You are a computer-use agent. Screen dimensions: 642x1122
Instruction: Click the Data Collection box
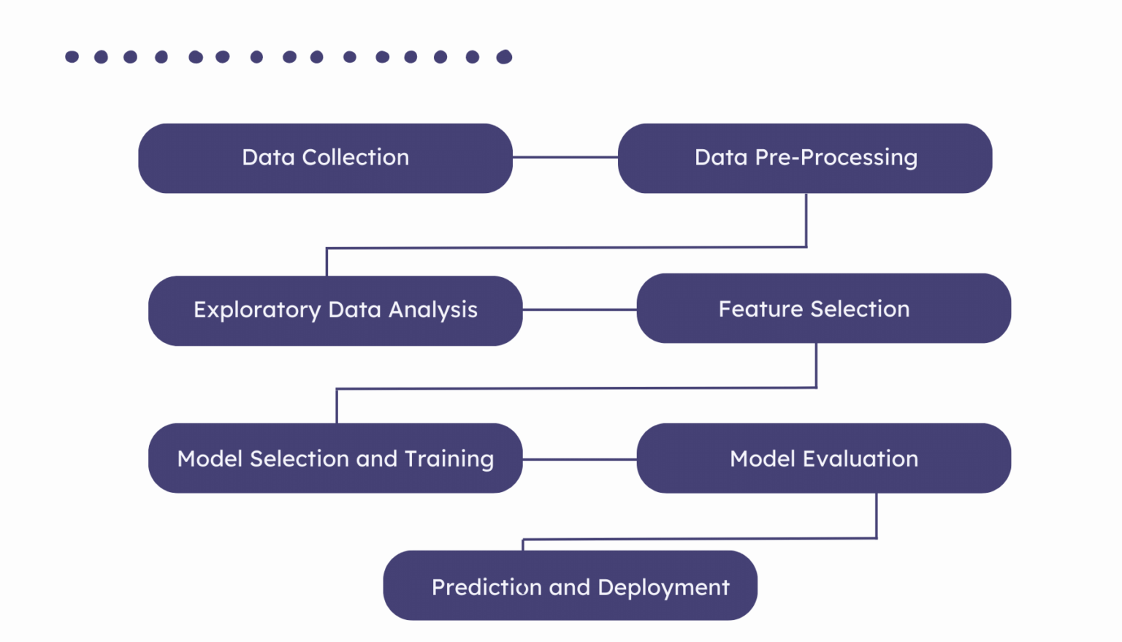coord(325,158)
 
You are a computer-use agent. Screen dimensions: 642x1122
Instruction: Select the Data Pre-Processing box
coord(805,158)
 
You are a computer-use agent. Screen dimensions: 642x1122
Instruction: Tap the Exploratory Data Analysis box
coord(335,310)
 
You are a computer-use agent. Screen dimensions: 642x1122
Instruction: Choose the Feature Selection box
coord(823,308)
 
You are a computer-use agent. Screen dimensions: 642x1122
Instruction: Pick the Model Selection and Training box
coord(335,458)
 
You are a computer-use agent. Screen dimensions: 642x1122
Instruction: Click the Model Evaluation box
coord(823,458)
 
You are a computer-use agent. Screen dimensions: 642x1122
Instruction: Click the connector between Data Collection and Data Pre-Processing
coord(565,157)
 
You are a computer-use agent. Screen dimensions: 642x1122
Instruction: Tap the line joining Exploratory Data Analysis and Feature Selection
coord(579,309)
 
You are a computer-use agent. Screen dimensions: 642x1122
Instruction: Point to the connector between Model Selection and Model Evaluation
coord(579,459)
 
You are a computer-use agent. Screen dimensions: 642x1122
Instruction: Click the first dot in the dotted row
coord(72,57)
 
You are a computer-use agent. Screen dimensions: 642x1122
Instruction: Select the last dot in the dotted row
coord(504,57)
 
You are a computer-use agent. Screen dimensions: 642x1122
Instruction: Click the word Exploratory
coord(257,310)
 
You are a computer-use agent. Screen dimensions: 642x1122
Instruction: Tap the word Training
coord(449,458)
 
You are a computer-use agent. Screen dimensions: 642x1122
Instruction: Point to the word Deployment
coord(663,588)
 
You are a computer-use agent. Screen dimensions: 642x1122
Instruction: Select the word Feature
coord(761,309)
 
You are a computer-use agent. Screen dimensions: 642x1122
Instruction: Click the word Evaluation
coord(860,458)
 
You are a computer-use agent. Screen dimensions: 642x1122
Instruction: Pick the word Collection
coord(355,157)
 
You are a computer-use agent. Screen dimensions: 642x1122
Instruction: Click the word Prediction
coord(486,587)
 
